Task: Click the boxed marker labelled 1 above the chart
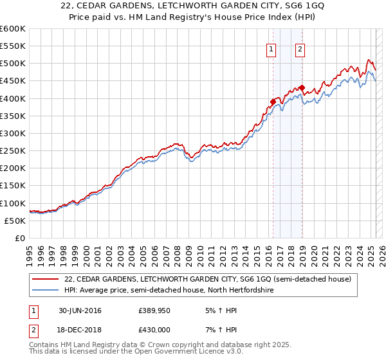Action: coord(271,48)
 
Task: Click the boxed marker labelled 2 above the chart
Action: coord(300,48)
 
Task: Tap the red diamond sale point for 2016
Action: coord(273,101)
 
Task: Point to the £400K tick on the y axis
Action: coord(12,98)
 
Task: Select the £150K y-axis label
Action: coord(12,186)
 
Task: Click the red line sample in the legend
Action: coord(46,279)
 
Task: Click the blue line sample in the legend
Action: coord(46,291)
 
